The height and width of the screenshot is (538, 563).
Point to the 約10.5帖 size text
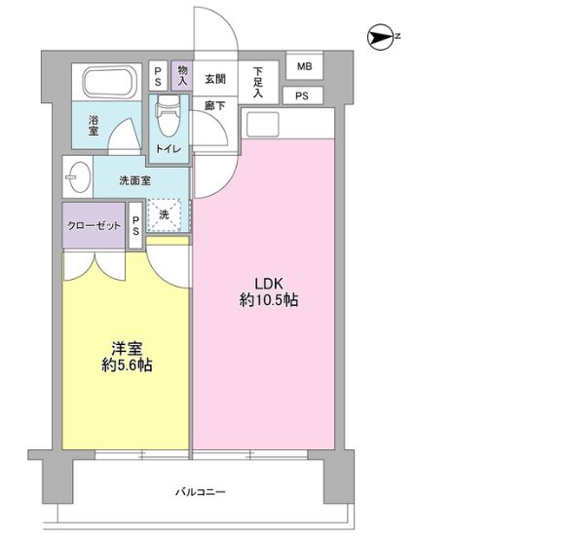point(268,301)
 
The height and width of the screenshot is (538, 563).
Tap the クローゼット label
point(94,225)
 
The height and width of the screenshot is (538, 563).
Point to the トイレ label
point(168,148)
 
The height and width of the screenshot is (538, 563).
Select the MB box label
point(304,67)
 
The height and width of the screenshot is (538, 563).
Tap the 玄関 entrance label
point(215,79)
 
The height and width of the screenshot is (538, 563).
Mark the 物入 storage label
point(182,75)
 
